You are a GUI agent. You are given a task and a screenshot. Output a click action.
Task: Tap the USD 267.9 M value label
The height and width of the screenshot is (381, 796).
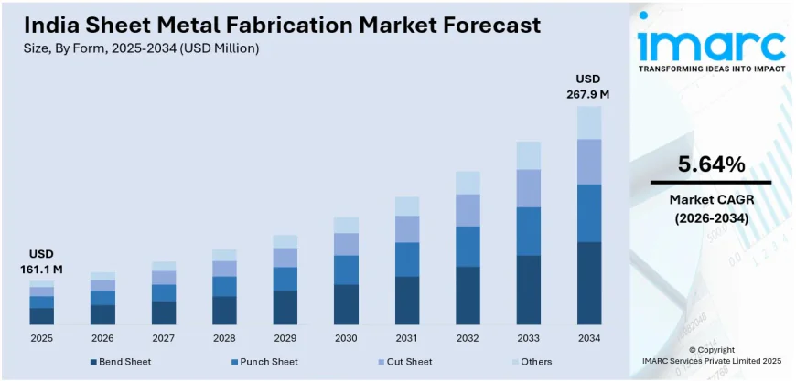coord(590,86)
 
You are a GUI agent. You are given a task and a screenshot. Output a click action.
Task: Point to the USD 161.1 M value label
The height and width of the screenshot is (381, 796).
coord(41,260)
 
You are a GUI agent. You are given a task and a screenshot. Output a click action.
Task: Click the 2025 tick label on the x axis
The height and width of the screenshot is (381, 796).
coord(41,338)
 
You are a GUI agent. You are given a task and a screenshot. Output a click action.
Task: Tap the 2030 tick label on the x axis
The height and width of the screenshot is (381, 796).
coord(346,338)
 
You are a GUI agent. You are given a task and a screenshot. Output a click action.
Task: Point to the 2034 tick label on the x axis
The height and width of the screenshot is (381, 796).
coord(589,338)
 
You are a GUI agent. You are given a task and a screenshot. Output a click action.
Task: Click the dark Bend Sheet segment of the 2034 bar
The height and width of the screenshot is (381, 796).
coord(589,283)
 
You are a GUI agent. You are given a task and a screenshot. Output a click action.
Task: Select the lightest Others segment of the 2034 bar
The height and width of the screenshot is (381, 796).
coord(589,122)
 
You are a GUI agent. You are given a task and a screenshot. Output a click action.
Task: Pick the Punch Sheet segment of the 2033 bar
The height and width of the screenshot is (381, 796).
coord(528,231)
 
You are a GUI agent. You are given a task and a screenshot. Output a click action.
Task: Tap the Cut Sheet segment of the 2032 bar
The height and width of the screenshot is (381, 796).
coord(468,210)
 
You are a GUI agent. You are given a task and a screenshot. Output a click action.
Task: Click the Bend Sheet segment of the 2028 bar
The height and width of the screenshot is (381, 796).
coord(224,310)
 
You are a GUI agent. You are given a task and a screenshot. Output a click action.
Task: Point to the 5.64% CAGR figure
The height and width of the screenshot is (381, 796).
coord(711,164)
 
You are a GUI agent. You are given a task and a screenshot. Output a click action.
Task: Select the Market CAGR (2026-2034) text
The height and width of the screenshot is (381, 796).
coord(711,208)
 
